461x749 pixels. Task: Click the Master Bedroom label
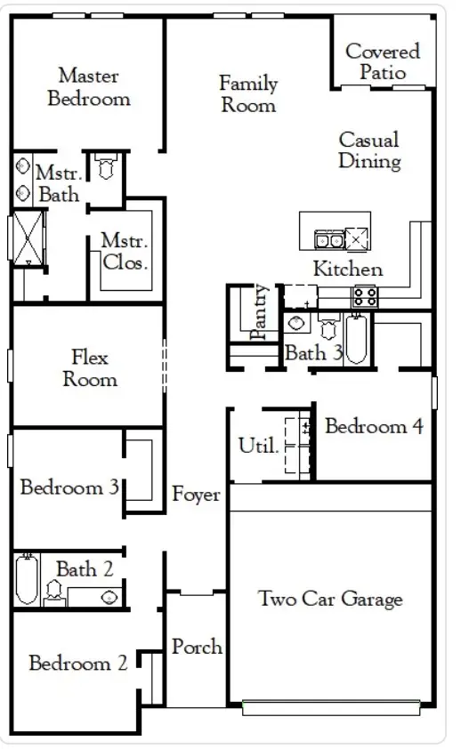pyautogui.click(x=88, y=87)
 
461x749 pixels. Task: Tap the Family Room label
pyautogui.click(x=248, y=94)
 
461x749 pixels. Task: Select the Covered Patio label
pyautogui.click(x=383, y=62)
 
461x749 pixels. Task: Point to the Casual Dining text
pyautogui.click(x=368, y=150)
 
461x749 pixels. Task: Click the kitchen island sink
pyautogui.click(x=329, y=239)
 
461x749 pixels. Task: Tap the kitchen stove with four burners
pyautogui.click(x=364, y=296)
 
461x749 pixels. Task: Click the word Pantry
pyautogui.click(x=260, y=312)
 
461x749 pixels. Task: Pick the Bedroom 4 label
pyautogui.click(x=373, y=426)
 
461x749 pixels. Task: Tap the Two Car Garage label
pyautogui.click(x=330, y=599)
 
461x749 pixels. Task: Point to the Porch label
pyautogui.click(x=197, y=647)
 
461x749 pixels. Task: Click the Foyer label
pyautogui.click(x=196, y=495)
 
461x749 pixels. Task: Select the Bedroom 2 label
pyautogui.click(x=77, y=663)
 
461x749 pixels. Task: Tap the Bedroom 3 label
pyautogui.click(x=69, y=487)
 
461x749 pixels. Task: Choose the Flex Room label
pyautogui.click(x=89, y=368)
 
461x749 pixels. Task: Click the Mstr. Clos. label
pyautogui.click(x=124, y=251)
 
